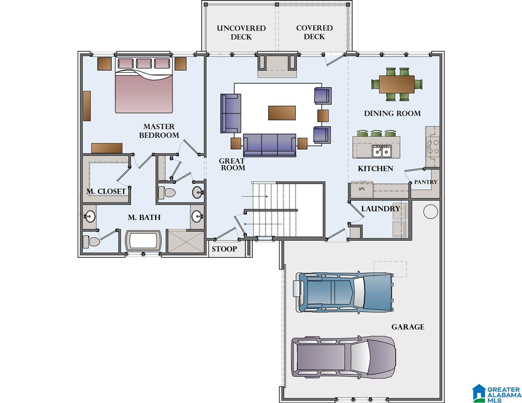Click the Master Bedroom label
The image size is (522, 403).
point(159,131)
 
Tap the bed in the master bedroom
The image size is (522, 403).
point(144,85)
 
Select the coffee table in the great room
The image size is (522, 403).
point(282,113)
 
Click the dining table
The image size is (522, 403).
point(397,84)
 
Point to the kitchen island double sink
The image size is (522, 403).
point(382,151)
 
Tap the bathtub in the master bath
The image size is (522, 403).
point(143,241)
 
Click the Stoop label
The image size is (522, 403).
point(224,249)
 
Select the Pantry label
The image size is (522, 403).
point(426,182)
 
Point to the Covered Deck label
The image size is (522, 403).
point(314,32)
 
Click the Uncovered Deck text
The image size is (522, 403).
point(241,32)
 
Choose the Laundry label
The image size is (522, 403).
point(380,209)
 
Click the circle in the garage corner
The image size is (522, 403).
point(430,212)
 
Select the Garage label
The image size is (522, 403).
point(408,327)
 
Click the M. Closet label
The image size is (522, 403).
point(106,191)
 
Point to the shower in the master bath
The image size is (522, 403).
point(186,241)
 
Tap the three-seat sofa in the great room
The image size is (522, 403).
point(269,145)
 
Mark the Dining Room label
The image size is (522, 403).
point(392,113)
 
